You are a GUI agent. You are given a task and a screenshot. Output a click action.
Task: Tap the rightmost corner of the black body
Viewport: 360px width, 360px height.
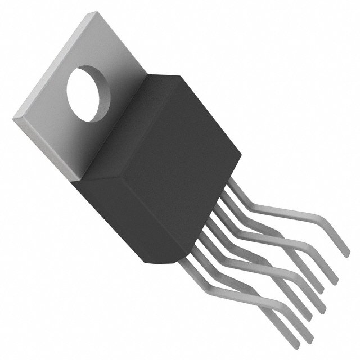point(242,154)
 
